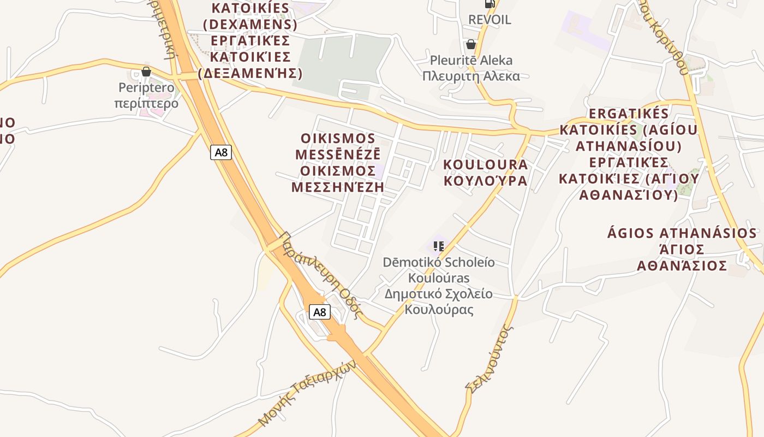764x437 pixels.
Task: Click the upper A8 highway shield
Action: (221, 152)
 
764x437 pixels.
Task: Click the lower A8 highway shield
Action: (320, 312)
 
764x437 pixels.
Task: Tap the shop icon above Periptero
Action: (146, 72)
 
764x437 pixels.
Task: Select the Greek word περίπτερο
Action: (146, 103)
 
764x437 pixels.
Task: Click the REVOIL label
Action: (490, 20)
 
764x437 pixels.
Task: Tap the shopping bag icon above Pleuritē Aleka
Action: (470, 44)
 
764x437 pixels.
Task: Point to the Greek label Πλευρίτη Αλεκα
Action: (471, 76)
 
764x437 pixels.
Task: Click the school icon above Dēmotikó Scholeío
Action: (438, 246)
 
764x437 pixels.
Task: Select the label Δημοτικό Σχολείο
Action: (438, 294)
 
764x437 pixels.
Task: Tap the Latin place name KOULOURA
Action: (485, 164)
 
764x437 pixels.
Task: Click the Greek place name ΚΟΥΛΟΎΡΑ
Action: (485, 180)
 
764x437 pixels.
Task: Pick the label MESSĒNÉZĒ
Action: (338, 155)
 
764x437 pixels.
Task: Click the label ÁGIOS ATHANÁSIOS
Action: (682, 233)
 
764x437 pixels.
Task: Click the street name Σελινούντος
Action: (490, 358)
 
